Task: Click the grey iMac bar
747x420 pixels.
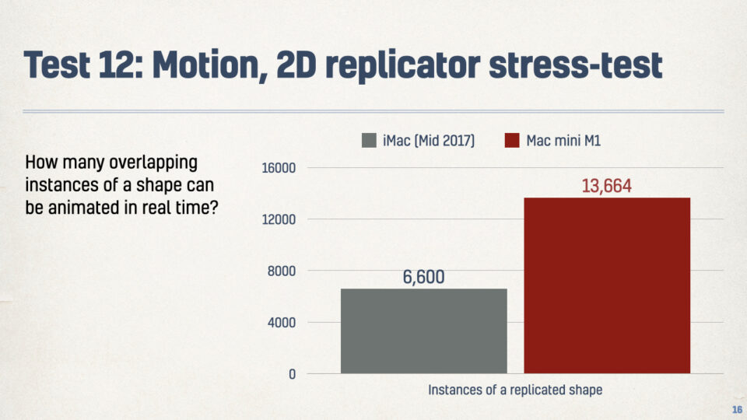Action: pyautogui.click(x=423, y=331)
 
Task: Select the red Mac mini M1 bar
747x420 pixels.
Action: pyautogui.click(x=607, y=285)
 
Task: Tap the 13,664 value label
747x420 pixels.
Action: pyautogui.click(x=606, y=186)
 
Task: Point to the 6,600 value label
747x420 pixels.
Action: pyautogui.click(x=423, y=277)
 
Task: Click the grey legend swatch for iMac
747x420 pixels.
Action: pyautogui.click(x=369, y=141)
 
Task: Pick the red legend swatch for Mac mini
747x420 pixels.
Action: pyautogui.click(x=512, y=141)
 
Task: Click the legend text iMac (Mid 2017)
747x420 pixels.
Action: pyautogui.click(x=429, y=141)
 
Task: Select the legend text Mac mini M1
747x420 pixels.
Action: pyautogui.click(x=563, y=141)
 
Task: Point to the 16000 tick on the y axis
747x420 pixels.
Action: pyautogui.click(x=279, y=168)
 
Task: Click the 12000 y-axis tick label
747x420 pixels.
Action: pyautogui.click(x=279, y=219)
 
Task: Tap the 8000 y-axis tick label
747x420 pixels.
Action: pyautogui.click(x=282, y=271)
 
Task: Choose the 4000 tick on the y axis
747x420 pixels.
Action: pyautogui.click(x=282, y=323)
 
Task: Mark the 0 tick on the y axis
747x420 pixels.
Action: pyautogui.click(x=292, y=374)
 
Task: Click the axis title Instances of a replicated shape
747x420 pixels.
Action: pyautogui.click(x=515, y=390)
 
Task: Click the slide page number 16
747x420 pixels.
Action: pyautogui.click(x=737, y=410)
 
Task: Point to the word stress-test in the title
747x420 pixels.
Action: pyautogui.click(x=576, y=65)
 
